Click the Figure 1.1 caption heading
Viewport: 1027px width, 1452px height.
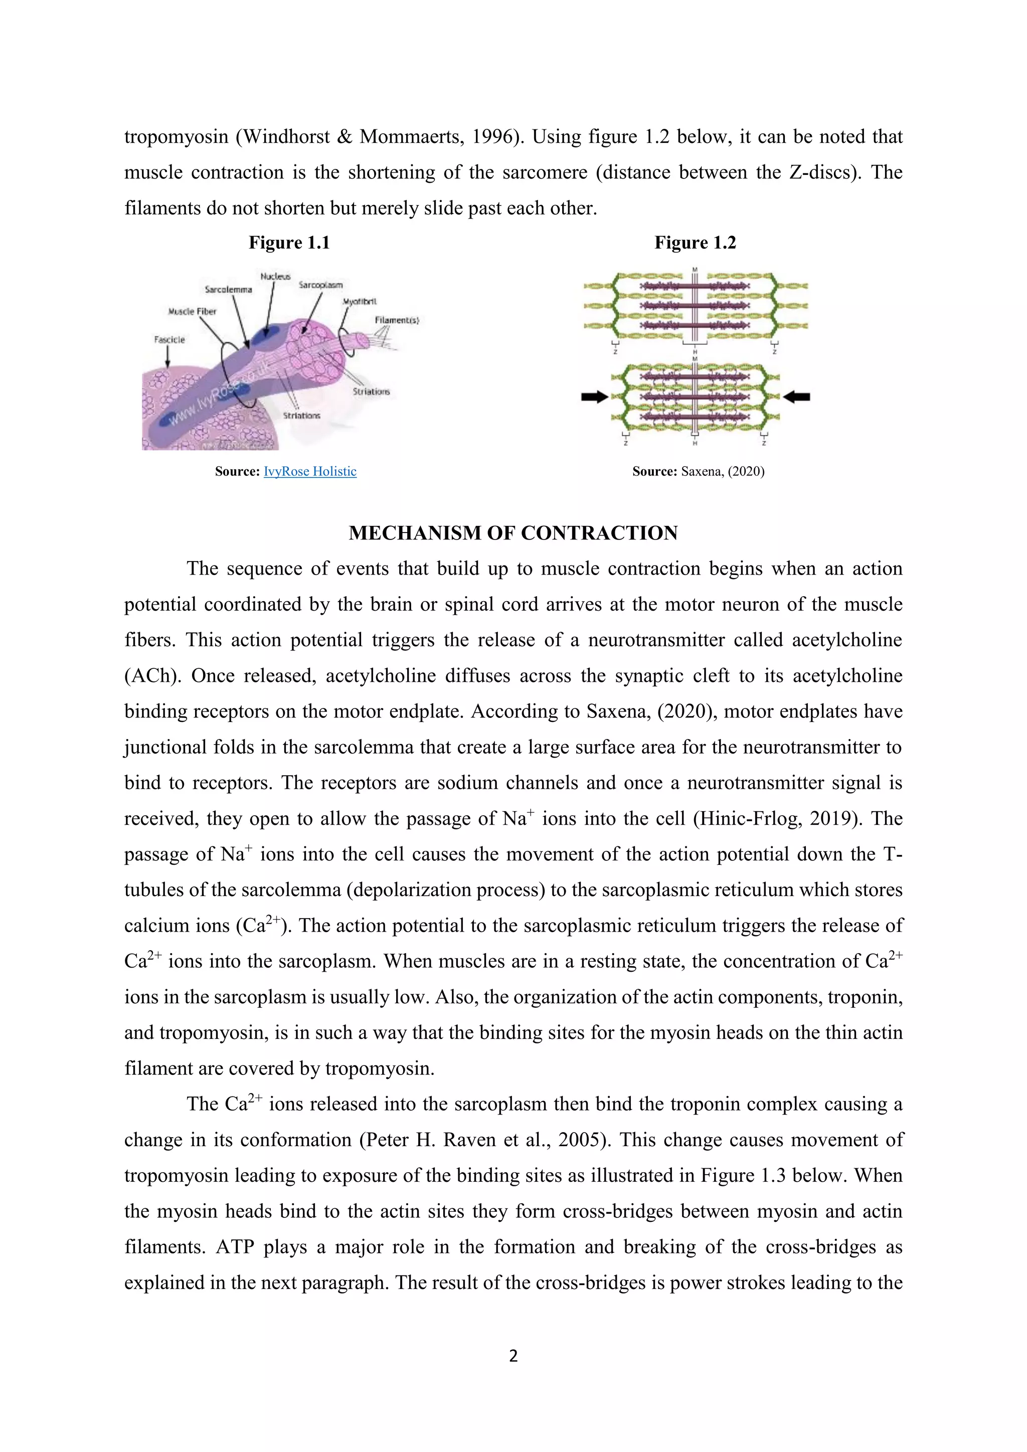(x=289, y=243)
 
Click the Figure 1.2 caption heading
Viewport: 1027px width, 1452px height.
(x=695, y=243)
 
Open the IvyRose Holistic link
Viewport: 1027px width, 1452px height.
(x=310, y=471)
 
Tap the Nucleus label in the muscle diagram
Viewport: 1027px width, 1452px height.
(x=275, y=276)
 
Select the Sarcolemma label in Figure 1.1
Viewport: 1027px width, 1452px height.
(x=228, y=290)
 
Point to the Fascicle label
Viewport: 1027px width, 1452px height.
(x=169, y=339)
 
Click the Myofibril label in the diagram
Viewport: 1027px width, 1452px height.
(x=360, y=302)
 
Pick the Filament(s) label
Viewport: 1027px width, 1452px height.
(x=397, y=320)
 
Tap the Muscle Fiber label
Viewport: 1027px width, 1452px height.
(x=192, y=311)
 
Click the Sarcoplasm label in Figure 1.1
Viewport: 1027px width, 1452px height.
(x=320, y=285)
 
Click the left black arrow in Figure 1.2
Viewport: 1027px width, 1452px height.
(x=594, y=397)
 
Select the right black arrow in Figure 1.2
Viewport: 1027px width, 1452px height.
(x=797, y=397)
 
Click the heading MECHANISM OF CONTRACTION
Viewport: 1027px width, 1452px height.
(x=513, y=533)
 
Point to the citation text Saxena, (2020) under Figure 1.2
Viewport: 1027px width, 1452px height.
(x=722, y=471)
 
